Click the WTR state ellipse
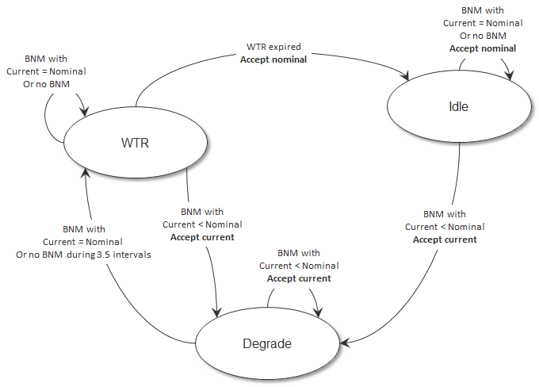pos(136,143)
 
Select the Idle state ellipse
pos(458,106)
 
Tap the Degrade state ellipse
pos(267,344)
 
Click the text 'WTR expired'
pos(273,47)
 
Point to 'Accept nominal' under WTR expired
pos(273,59)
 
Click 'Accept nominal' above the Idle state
pos(483,48)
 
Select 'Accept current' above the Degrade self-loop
pos(299,278)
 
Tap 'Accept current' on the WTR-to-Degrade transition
pos(202,237)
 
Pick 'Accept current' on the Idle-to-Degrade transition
pos(445,239)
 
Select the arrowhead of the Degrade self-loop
pos(319,313)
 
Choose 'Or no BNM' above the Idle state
pos(483,36)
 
